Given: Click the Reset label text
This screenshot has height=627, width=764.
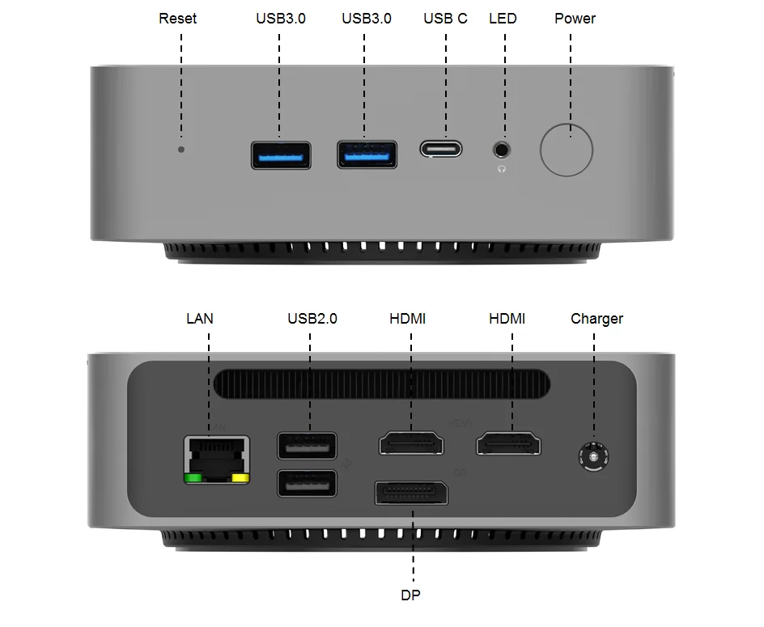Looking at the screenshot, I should coord(177,19).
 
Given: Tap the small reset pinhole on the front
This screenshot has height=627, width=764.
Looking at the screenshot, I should coord(181,149).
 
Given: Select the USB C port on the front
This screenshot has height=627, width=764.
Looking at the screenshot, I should coord(441,149).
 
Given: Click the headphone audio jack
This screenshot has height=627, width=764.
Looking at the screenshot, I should coord(503,149).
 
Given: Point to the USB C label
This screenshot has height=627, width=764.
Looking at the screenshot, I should coord(445,19).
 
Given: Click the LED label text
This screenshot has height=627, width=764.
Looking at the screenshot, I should coord(503,19).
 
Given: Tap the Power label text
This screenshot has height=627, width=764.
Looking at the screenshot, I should coord(575,19).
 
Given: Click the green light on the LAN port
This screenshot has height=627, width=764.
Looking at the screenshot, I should coord(193,477).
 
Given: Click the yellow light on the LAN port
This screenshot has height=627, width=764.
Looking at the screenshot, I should coord(240,477).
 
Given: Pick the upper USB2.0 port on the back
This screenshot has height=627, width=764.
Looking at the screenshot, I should coord(307,446).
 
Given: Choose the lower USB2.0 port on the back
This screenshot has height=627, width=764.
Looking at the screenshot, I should coord(307,483).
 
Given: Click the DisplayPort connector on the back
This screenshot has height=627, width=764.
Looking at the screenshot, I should coord(411,492).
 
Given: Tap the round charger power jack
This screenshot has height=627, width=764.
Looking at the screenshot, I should coord(594,458).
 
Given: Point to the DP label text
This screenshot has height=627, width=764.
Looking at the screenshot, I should coord(410,595).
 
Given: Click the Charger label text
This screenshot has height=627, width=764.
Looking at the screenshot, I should coord(596,319).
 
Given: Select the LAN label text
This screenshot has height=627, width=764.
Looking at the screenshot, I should coord(200,319).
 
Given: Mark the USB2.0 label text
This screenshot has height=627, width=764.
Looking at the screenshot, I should coord(312,319).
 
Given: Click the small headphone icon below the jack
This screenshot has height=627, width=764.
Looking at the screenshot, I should coord(503,168).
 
